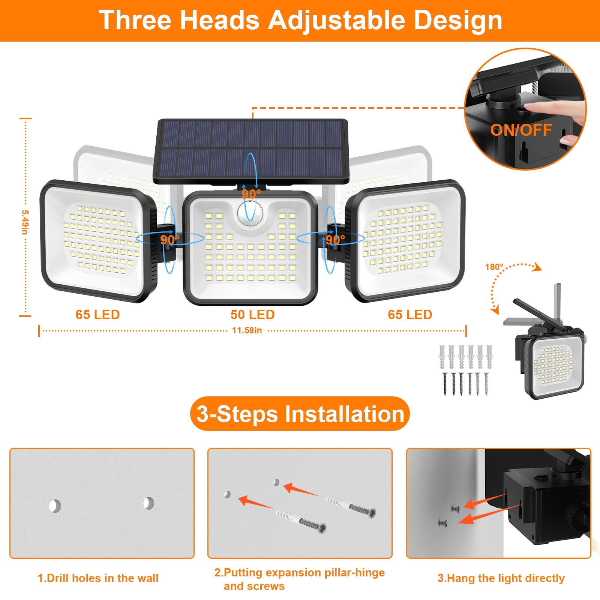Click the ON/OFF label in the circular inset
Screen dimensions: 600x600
(x=521, y=130)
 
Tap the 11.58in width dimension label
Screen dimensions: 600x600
(x=247, y=330)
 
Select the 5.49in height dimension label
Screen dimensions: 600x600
(x=25, y=222)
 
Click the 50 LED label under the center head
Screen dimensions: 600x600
(x=252, y=315)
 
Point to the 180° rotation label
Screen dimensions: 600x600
(x=494, y=267)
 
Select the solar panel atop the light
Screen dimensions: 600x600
(x=251, y=151)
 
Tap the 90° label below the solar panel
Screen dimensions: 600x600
(x=251, y=194)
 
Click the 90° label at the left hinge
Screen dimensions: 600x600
(x=169, y=240)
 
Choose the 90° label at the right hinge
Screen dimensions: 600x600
(x=335, y=240)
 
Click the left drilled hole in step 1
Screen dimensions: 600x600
(x=55, y=506)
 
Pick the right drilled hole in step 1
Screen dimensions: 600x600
(x=149, y=503)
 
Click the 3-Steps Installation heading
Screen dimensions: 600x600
(x=300, y=414)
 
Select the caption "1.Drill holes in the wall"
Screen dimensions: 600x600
(x=98, y=578)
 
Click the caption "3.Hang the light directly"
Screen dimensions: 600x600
(x=501, y=578)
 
